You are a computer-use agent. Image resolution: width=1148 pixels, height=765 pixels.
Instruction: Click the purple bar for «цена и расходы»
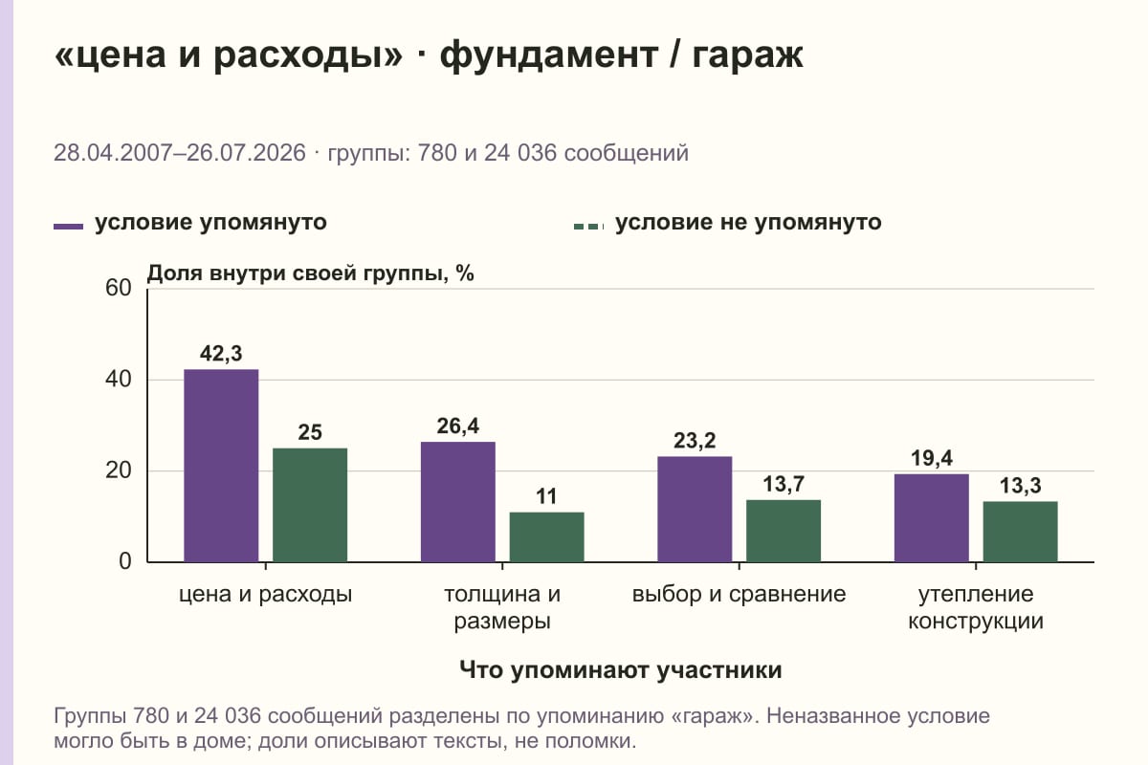(221, 466)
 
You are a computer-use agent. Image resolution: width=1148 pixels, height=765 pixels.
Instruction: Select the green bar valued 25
(310, 505)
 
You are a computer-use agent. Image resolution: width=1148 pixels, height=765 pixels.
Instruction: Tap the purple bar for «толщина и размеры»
(457, 502)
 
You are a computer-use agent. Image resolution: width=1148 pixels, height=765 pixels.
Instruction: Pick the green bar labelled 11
(546, 536)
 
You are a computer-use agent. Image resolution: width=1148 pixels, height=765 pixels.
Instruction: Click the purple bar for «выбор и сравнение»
(695, 509)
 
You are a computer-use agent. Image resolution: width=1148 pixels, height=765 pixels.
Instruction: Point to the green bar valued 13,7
(784, 531)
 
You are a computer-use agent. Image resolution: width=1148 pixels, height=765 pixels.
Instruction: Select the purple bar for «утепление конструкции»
(931, 517)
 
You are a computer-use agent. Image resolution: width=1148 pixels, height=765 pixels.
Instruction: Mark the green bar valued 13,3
(1020, 532)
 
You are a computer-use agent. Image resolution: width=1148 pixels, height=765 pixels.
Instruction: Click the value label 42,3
(221, 354)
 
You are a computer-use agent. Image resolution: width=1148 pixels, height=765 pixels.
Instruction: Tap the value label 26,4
(457, 426)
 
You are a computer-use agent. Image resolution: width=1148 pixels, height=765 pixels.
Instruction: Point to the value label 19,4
(931, 458)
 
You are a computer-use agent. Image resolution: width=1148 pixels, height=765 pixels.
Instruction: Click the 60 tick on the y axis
(119, 288)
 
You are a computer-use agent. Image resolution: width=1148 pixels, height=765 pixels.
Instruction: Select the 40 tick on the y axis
(119, 380)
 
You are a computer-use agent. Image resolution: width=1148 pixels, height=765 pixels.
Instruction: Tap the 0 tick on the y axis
(125, 561)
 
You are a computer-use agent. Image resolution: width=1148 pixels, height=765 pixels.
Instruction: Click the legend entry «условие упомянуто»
(190, 223)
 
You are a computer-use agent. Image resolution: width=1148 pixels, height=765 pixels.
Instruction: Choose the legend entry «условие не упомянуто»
(728, 223)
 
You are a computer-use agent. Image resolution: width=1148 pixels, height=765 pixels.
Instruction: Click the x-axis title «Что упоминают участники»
(621, 670)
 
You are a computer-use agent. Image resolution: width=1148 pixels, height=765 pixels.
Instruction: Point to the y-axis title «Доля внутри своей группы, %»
(311, 273)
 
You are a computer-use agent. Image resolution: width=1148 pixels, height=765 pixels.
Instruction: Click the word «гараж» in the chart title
(747, 55)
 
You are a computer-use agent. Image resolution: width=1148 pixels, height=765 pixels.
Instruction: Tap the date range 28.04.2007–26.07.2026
(180, 153)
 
